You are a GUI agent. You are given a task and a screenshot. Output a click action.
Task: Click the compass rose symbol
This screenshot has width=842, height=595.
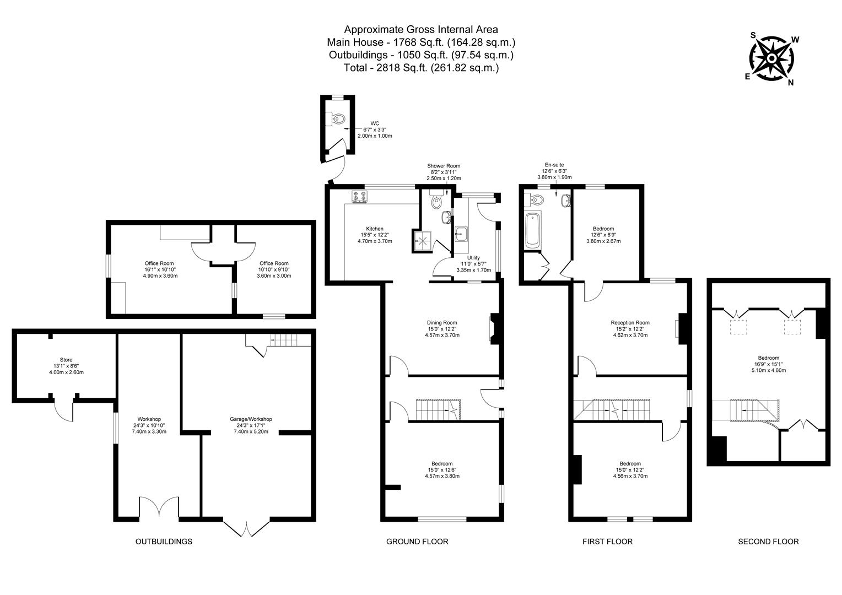[x=771, y=58]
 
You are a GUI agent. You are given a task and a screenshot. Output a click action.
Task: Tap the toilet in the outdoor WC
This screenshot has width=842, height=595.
[x=337, y=119]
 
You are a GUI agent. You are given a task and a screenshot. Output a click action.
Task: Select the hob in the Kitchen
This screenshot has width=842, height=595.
[x=359, y=196]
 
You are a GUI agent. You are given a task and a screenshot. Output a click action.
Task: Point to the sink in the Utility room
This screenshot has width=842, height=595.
[x=461, y=234]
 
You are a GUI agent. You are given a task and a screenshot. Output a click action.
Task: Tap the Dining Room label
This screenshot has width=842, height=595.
[x=442, y=322]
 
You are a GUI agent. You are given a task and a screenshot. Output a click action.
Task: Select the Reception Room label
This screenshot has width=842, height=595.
[x=630, y=322]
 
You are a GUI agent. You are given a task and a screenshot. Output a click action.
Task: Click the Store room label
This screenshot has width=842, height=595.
[x=66, y=360]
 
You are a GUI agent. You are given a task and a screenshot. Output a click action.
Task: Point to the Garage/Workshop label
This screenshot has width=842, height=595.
[x=251, y=419]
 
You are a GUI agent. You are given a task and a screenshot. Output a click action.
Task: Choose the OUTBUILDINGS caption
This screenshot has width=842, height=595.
[x=164, y=542]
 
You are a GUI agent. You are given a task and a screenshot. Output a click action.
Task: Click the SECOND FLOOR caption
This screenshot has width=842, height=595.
[x=768, y=542]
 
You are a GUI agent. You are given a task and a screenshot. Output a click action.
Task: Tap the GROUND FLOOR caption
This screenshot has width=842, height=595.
[x=417, y=542]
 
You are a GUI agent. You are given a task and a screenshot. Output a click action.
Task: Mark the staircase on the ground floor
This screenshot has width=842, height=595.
[x=438, y=409]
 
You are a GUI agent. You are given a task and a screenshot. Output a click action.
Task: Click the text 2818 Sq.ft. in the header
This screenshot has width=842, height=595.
[x=402, y=68]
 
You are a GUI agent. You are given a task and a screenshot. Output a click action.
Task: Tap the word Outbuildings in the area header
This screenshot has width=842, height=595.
[x=358, y=55]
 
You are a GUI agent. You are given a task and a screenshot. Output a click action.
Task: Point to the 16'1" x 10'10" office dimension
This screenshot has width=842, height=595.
[x=160, y=269]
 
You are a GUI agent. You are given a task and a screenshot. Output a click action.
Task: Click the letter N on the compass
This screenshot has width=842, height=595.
[x=791, y=83]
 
